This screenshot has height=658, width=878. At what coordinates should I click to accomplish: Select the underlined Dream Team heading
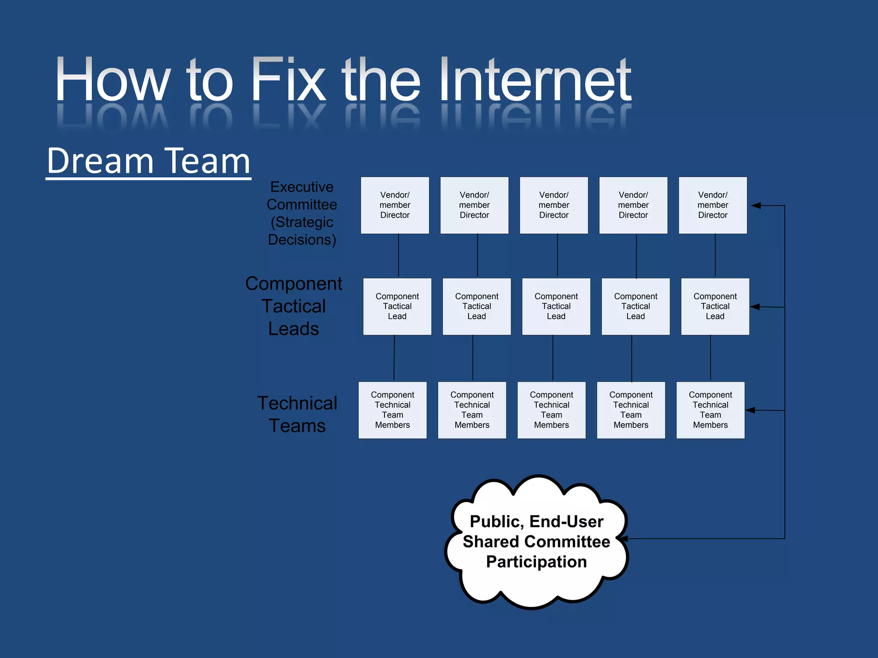148,161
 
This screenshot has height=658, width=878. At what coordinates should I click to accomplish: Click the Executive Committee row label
302,213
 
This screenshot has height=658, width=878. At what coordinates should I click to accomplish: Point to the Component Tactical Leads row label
294,306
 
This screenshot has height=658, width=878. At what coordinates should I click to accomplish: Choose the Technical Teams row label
297,414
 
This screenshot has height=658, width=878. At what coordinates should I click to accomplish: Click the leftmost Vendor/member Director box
395,205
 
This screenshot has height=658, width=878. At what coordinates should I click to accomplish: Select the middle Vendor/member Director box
553,205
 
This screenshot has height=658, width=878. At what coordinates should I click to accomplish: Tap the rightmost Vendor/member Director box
713,205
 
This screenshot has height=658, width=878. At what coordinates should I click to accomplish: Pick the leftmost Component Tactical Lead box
397,306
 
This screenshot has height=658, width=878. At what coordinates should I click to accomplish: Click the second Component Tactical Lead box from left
476,306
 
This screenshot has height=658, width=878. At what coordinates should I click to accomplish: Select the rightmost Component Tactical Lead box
715,306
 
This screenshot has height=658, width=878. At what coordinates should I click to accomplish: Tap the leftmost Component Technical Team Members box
392,410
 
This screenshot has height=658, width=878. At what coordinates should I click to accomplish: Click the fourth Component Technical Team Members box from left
631,410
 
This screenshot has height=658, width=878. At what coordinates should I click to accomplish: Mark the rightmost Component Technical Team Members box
710,410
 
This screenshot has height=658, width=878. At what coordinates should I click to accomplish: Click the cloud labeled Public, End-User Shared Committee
536,541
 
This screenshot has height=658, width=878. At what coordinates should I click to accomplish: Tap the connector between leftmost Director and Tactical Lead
399,255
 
